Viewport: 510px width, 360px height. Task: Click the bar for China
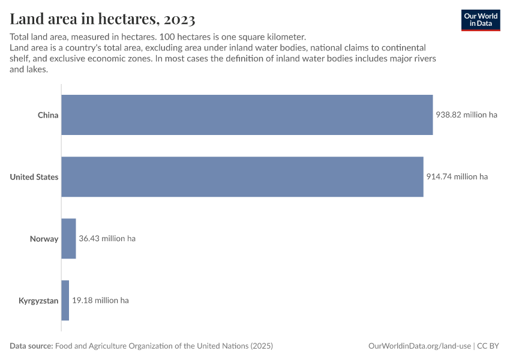pos(247,115)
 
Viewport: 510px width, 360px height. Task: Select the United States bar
pos(242,176)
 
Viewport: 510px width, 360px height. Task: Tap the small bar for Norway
pos(68,238)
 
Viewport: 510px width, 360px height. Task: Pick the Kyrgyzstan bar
pos(65,300)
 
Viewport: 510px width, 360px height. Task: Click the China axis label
pos(48,115)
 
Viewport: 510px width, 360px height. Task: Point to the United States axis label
pos(34,176)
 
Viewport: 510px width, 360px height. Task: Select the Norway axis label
pos(44,239)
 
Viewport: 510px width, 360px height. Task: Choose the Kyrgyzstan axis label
pos(38,301)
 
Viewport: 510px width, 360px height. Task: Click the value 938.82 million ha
pos(467,115)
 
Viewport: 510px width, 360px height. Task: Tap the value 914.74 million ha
pos(457,176)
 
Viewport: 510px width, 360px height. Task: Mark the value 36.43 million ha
pos(107,238)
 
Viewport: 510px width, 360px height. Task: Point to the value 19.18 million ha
pos(100,300)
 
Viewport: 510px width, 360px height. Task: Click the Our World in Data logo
pos(480,19)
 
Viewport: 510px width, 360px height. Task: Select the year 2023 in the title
pos(178,20)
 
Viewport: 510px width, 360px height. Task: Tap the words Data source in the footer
pos(31,346)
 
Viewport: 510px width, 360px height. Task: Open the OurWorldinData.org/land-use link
pos(419,346)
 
